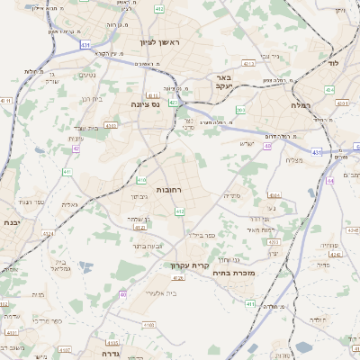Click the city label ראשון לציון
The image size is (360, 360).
click(160, 43)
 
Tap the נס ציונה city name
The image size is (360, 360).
click(143, 104)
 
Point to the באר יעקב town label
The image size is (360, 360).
click(224, 83)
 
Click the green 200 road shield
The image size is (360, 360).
click(240, 111)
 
